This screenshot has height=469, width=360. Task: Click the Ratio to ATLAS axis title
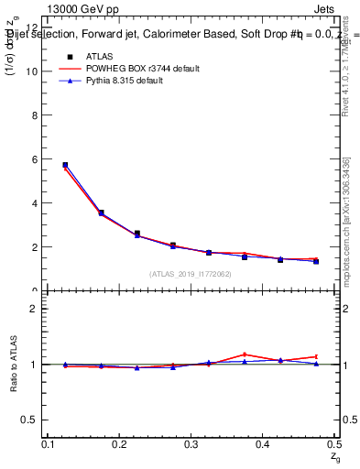pyautogui.click(x=13, y=365)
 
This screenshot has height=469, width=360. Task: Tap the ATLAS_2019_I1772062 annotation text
pyautogui.click(x=191, y=274)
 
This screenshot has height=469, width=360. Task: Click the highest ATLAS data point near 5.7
pyautogui.click(x=65, y=165)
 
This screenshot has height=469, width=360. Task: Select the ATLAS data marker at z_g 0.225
pyautogui.click(x=137, y=234)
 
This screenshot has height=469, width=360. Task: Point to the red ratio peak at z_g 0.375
pyautogui.click(x=245, y=354)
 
